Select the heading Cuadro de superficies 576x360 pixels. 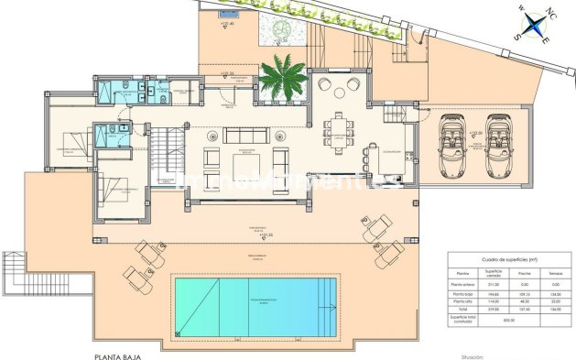point(500,260)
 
